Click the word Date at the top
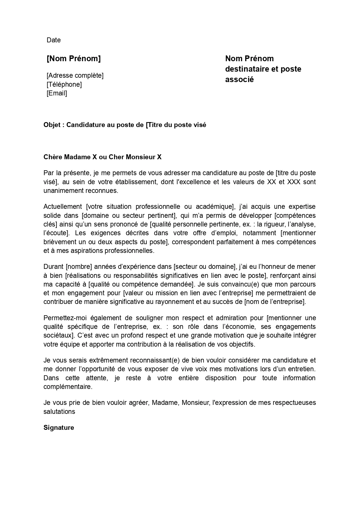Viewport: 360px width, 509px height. click(54, 40)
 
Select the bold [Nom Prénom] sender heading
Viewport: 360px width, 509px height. click(74, 59)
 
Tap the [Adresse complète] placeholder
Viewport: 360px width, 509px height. click(75, 75)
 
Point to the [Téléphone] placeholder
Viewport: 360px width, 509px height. click(64, 84)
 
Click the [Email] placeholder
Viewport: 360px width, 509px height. click(57, 93)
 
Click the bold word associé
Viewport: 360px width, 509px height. click(239, 79)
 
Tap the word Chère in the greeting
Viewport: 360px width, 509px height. click(53, 157)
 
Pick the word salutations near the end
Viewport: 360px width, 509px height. click(59, 412)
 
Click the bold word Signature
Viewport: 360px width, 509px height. click(59, 428)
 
